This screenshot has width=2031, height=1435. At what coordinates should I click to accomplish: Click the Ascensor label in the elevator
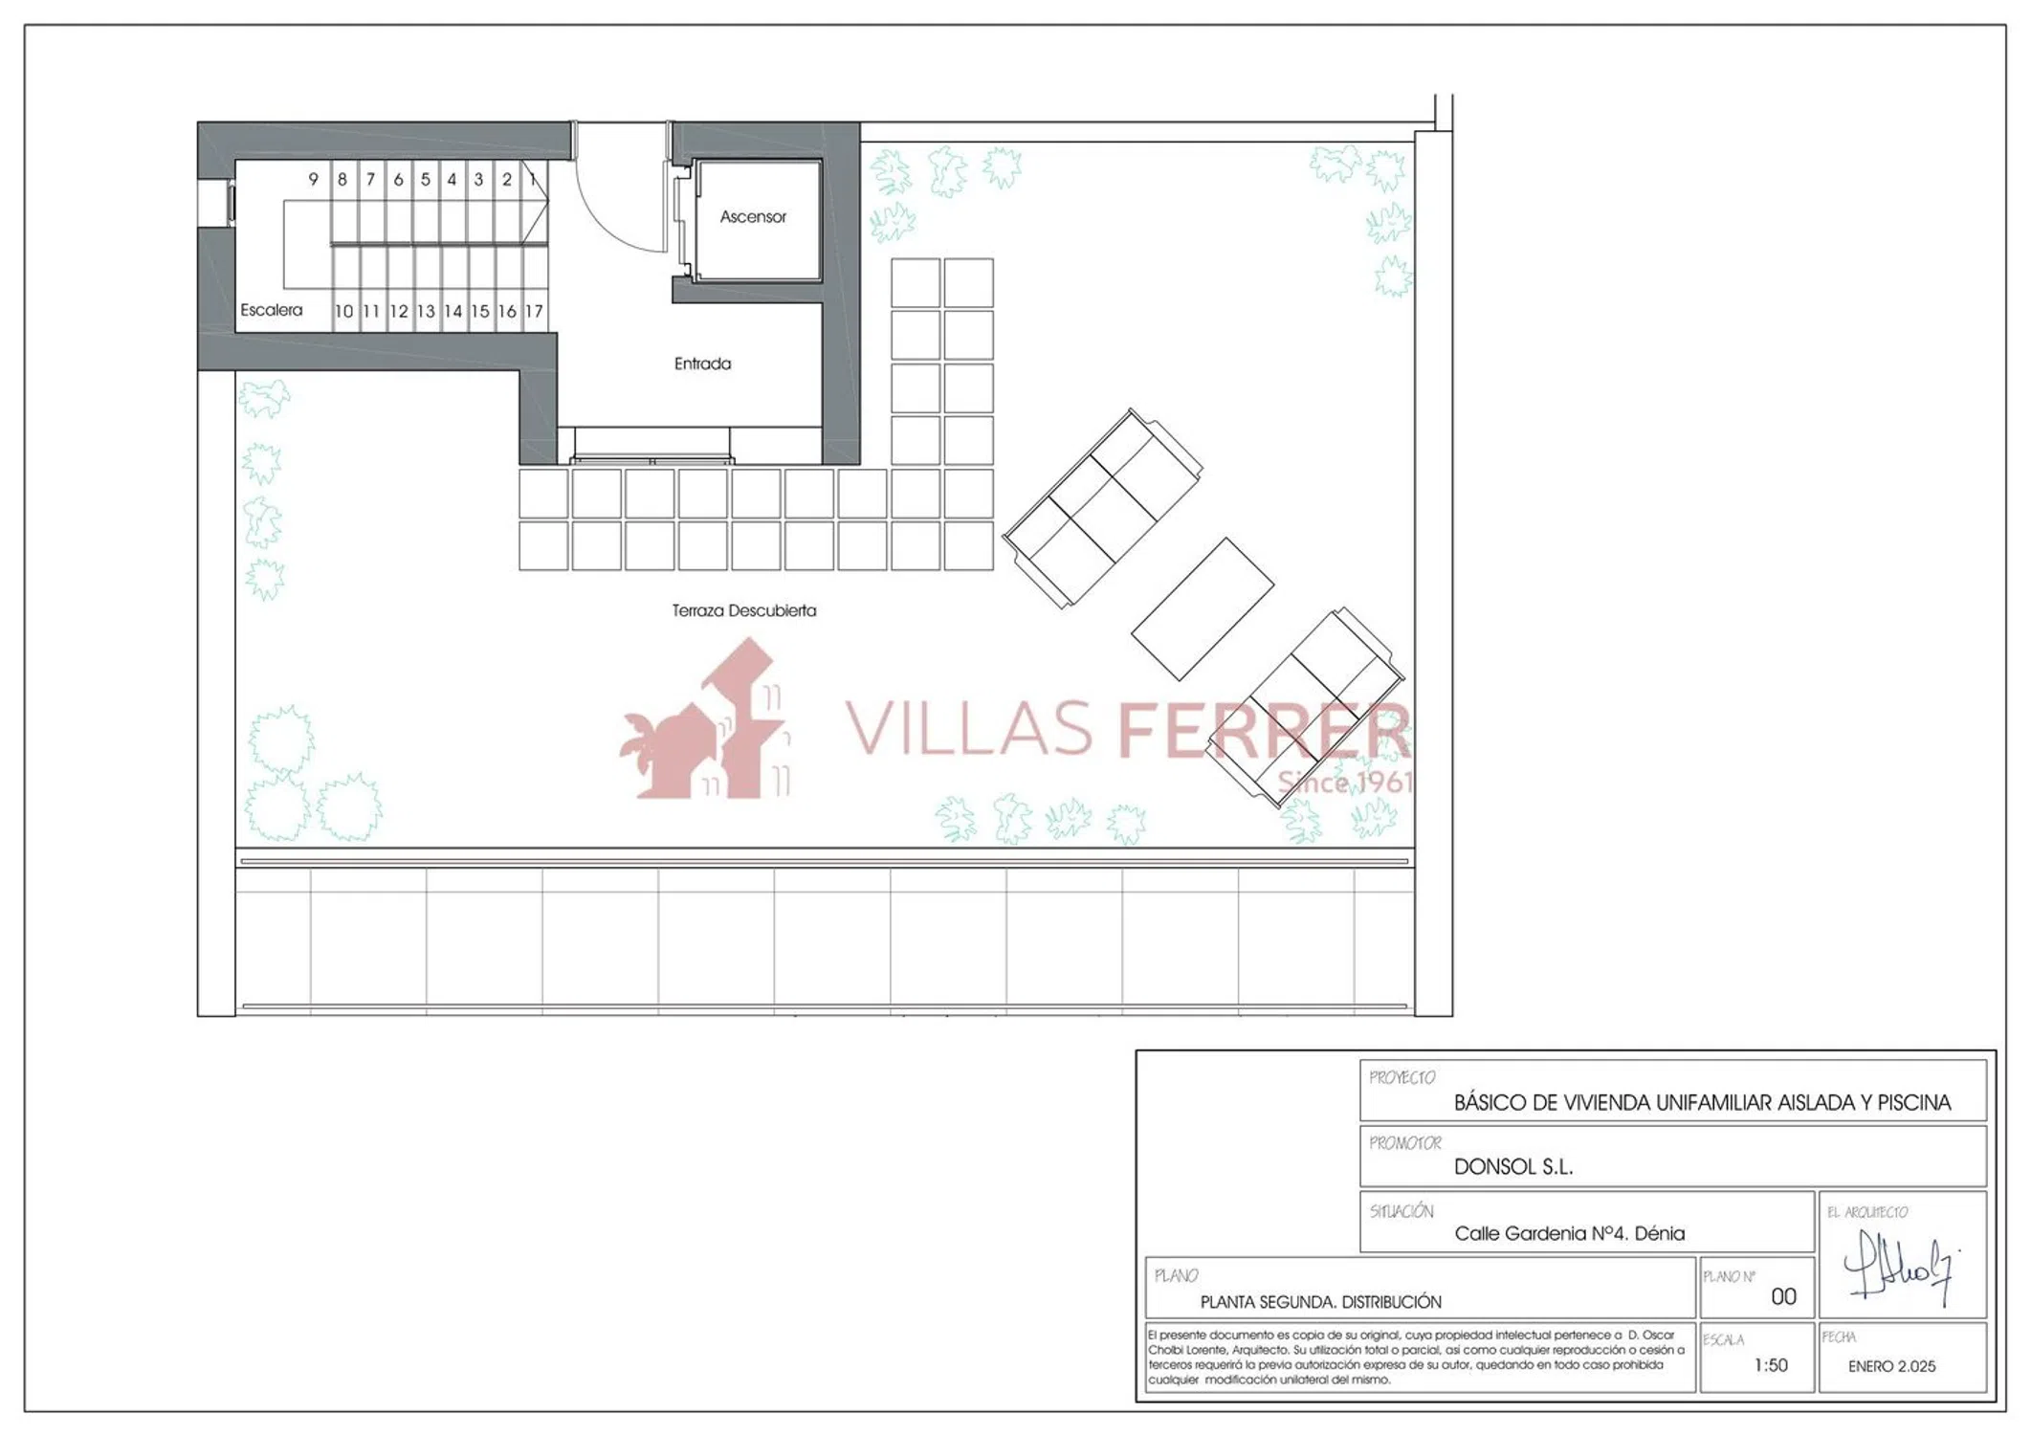point(753,217)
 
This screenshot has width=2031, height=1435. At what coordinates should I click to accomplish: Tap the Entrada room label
point(702,364)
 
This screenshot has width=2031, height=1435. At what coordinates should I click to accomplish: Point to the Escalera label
point(271,310)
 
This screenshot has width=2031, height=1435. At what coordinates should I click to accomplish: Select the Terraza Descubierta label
point(744,610)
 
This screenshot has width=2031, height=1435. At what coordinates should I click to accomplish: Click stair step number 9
point(313,179)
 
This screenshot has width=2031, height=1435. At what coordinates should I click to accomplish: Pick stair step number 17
point(534,311)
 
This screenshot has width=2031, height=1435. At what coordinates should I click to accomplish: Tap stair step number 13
point(426,311)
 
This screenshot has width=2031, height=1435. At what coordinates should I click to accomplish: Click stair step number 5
point(426,179)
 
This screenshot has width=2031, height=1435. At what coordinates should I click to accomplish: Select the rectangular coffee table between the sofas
point(1203,609)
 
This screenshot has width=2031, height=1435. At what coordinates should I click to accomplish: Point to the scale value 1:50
point(1771,1365)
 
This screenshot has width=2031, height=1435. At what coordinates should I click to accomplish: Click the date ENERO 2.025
point(1891,1366)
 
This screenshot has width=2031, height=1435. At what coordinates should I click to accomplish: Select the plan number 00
point(1783,1296)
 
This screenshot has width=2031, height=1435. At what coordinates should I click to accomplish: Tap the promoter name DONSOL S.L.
point(1513,1166)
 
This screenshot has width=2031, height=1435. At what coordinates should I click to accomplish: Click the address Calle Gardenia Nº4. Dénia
point(1569,1233)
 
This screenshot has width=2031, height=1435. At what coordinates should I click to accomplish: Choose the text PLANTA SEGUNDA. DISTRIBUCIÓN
point(1320,1302)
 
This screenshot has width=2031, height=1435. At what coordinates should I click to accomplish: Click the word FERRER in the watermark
point(1264,729)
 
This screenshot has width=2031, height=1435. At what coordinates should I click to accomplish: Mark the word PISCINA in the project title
point(1914,1102)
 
